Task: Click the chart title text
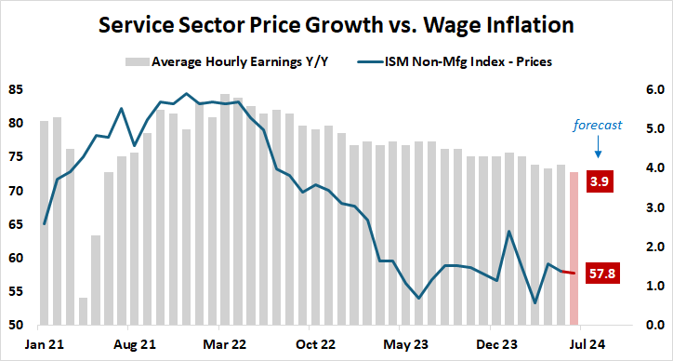pyautogui.click(x=336, y=23)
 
